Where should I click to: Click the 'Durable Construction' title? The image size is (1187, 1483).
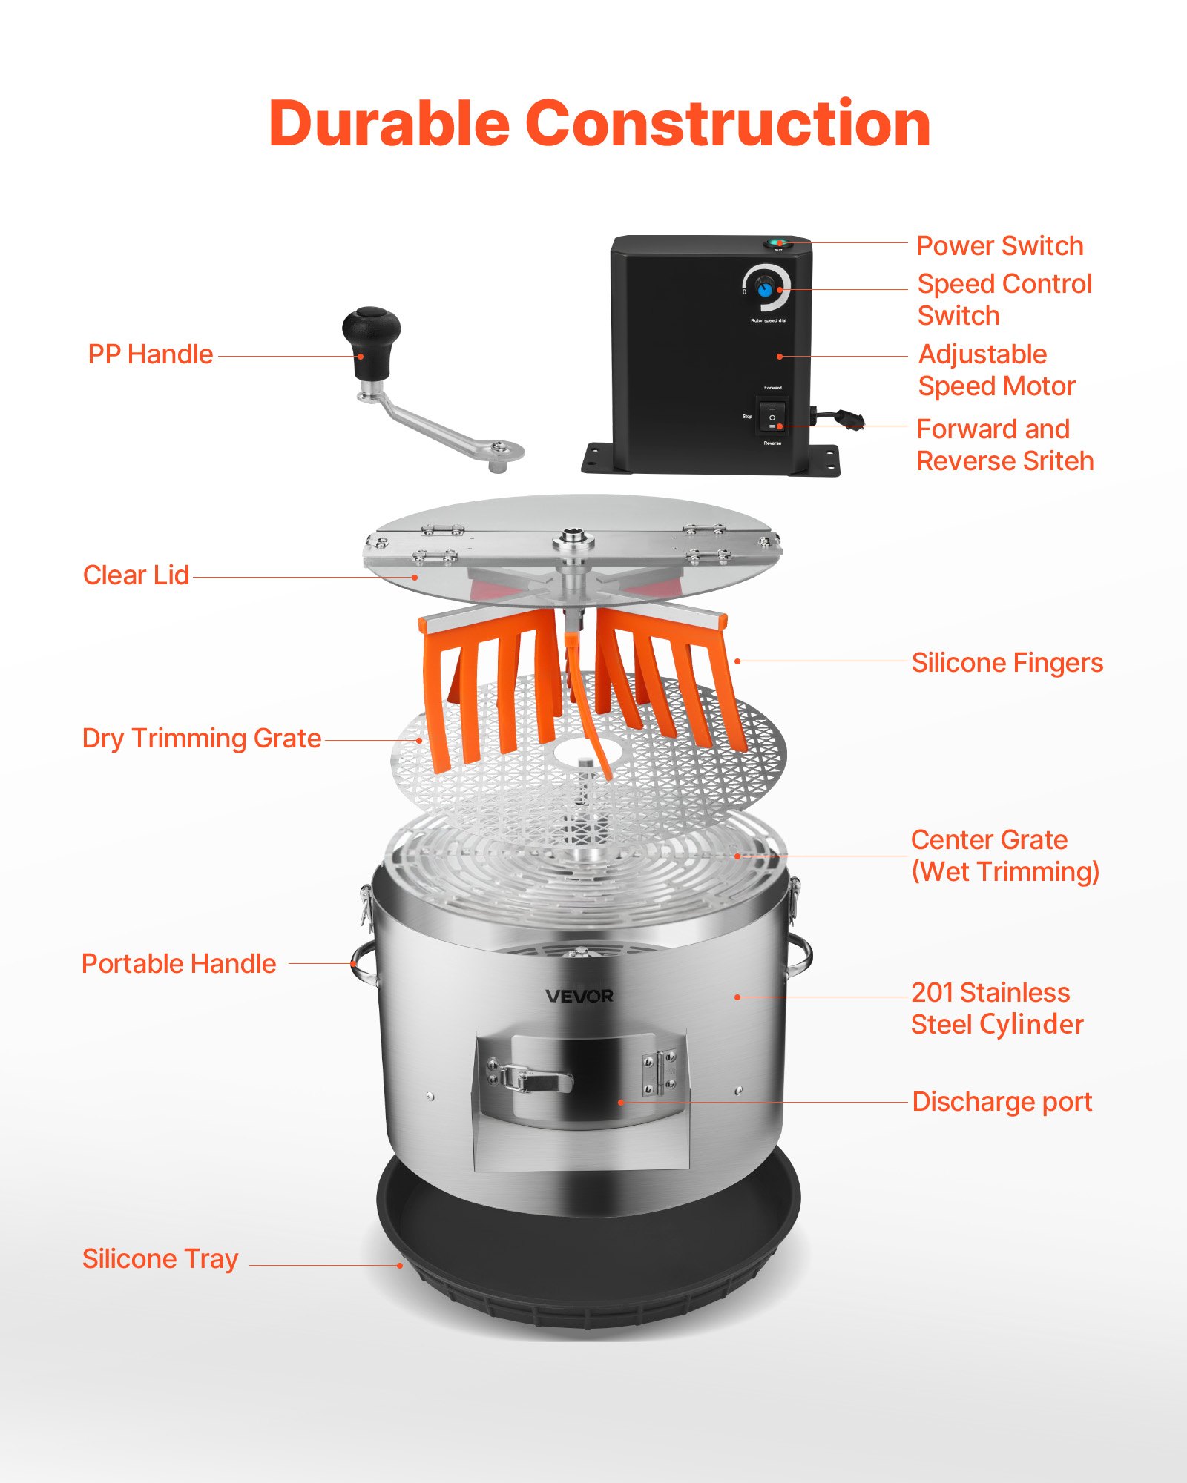599,123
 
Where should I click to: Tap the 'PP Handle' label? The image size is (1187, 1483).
151,354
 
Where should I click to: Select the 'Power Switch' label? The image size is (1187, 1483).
1000,245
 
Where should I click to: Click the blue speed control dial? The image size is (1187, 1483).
764,289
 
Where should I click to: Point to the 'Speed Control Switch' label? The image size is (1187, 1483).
1004,300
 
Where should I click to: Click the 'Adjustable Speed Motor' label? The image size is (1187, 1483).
996,370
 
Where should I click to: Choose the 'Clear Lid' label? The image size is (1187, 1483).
136,575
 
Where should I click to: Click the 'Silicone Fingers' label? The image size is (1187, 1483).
1007,663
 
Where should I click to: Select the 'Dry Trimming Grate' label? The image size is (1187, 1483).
202,739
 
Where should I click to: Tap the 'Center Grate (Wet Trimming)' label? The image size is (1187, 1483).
1005,856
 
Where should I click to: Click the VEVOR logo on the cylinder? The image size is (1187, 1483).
579,996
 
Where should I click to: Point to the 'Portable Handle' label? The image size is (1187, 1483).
179,964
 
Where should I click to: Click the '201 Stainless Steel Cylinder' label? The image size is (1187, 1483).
997,1008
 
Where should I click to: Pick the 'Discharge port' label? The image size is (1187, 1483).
1002,1102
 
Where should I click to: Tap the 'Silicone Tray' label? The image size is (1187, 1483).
160,1259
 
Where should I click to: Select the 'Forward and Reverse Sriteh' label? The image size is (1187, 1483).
1005,445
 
